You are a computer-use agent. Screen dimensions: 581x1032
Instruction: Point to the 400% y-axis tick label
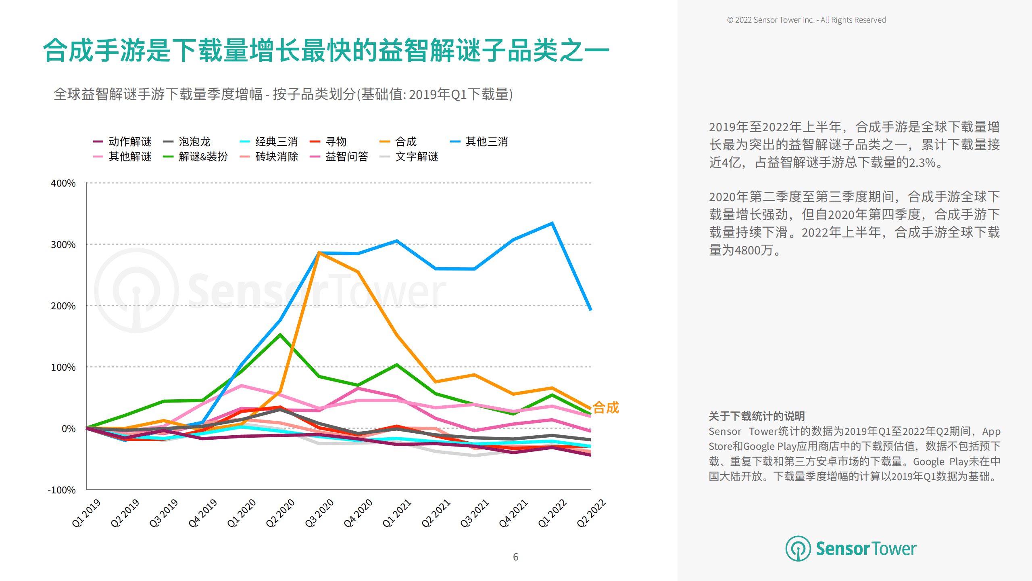coord(63,183)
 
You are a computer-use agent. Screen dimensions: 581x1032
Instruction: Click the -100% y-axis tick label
coord(61,490)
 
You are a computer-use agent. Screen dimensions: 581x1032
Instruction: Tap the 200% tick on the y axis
coord(63,306)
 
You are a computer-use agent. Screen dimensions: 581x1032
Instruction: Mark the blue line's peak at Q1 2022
coord(552,223)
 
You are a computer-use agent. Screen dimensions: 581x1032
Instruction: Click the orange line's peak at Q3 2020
coord(319,252)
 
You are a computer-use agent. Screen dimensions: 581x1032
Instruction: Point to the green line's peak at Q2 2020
coord(280,335)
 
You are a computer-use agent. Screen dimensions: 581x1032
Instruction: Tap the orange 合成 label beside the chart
coord(605,407)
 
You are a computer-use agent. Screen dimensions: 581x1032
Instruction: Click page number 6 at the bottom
coord(515,557)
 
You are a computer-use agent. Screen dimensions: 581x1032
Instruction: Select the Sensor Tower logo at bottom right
coord(851,549)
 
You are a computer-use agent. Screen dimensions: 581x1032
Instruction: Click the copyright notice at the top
coord(806,20)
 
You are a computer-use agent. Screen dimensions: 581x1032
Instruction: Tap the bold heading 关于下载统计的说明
coord(757,416)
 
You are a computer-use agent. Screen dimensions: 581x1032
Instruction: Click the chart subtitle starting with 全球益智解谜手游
coord(283,94)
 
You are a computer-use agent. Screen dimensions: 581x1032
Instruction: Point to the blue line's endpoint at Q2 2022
coord(591,310)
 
